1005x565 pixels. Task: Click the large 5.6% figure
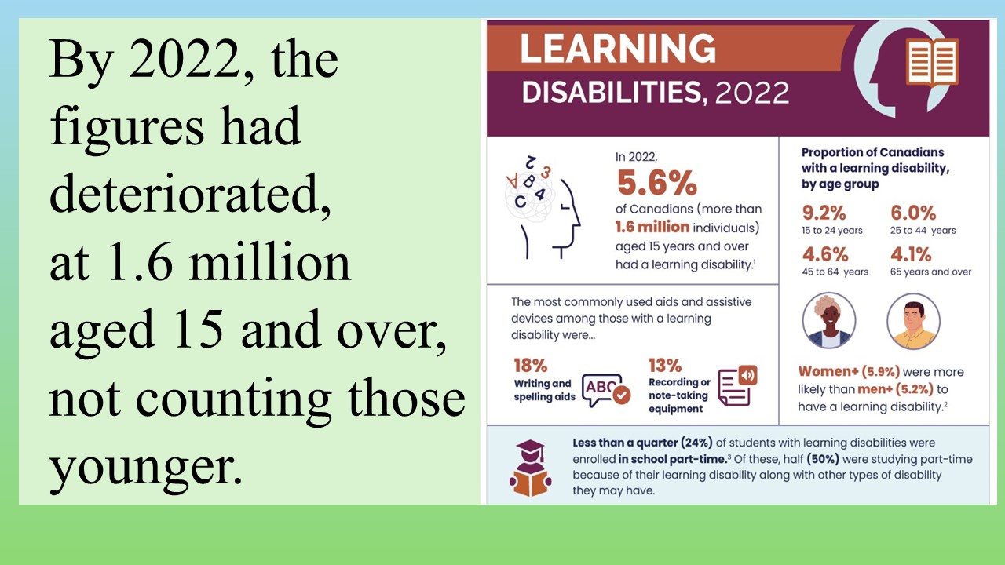point(657,183)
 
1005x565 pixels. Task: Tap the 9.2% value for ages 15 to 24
point(824,213)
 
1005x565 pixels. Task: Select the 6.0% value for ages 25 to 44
point(913,213)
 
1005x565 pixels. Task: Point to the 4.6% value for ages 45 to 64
point(825,255)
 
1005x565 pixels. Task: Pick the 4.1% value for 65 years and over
point(911,255)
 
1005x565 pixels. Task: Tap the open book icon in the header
point(932,63)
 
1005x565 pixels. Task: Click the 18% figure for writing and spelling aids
point(530,366)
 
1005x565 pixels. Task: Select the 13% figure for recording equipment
point(665,366)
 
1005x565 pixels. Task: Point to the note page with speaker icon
point(737,385)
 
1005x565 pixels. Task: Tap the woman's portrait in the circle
point(828,321)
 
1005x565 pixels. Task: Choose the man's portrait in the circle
point(913,321)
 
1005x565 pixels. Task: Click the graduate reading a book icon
point(530,468)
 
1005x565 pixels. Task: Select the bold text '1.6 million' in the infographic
point(652,227)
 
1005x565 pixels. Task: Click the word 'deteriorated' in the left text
point(190,194)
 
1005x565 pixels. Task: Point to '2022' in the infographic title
point(752,93)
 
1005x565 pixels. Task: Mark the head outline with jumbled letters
point(543,207)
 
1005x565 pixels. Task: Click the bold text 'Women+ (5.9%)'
point(849,372)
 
